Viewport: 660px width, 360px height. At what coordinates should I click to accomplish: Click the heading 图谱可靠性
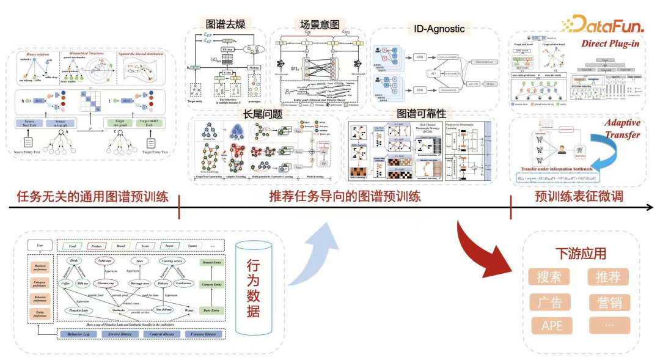(438, 114)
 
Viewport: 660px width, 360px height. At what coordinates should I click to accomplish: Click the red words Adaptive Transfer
(622, 129)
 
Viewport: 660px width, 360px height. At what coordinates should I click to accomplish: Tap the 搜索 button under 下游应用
(549, 277)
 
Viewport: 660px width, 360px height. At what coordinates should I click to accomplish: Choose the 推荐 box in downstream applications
(608, 277)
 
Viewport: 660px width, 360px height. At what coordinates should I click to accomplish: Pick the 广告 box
(549, 301)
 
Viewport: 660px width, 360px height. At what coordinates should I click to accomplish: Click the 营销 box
(608, 301)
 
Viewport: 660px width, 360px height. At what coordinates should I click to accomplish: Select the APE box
(549, 325)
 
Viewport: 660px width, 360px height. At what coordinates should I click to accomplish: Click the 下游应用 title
(580, 253)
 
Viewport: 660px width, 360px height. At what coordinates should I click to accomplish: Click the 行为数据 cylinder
(252, 287)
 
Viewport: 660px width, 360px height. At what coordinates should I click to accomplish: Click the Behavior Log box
(82, 334)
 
